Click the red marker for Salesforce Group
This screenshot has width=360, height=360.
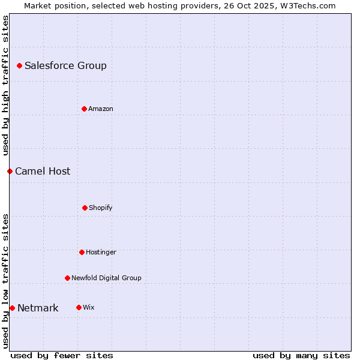click(x=19, y=65)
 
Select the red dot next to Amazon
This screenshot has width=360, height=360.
click(x=84, y=109)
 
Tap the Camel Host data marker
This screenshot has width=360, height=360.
click(x=10, y=171)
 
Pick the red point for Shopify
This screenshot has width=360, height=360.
click(x=85, y=208)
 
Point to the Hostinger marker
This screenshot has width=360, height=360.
click(x=82, y=252)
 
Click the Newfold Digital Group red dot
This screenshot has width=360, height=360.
click(x=67, y=278)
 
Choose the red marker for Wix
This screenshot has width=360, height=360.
click(x=79, y=307)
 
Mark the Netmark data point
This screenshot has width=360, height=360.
click(x=12, y=308)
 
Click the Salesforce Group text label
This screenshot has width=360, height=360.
click(x=65, y=65)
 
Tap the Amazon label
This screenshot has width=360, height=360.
click(x=101, y=109)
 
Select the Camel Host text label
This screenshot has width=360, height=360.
click(x=43, y=171)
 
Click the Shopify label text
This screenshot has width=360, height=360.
click(x=101, y=208)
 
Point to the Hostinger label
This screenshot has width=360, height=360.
click(x=101, y=252)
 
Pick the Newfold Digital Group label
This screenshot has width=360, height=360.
click(x=106, y=278)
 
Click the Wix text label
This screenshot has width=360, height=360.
click(x=89, y=307)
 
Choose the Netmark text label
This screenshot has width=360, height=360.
click(x=38, y=308)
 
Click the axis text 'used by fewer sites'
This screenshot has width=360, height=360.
click(x=62, y=355)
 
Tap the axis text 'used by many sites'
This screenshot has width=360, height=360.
click(x=301, y=355)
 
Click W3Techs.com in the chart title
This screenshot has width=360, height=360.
click(x=306, y=5)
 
